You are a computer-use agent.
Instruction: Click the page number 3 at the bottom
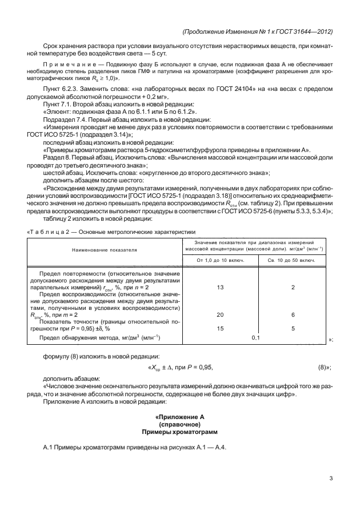[x=331, y=479]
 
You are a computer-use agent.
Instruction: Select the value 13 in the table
[x=221, y=288]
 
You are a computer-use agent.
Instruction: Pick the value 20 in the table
[x=221, y=315]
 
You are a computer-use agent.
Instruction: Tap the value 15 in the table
[x=221, y=328]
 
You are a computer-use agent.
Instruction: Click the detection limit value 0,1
[x=255, y=338]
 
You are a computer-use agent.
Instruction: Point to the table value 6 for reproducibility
[x=292, y=315]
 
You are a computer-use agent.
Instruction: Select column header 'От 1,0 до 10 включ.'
[x=221, y=260]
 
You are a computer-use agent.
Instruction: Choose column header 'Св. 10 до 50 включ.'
[x=292, y=260]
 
